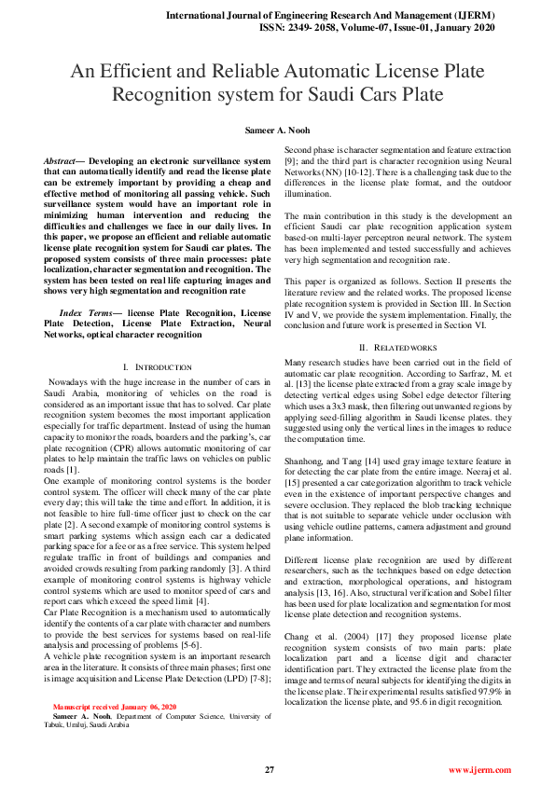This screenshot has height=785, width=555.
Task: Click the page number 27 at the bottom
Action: pyautogui.click(x=270, y=770)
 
